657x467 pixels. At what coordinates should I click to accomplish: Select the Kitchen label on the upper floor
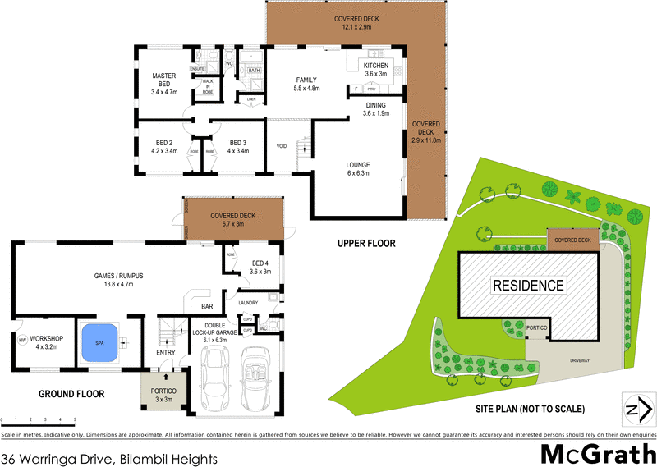click(376, 70)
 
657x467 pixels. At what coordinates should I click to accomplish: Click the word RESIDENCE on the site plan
click(528, 286)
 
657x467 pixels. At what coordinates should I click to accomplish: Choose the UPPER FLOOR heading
click(366, 244)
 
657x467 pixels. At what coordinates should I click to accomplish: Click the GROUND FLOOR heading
click(71, 394)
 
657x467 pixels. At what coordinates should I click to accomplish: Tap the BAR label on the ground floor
click(207, 306)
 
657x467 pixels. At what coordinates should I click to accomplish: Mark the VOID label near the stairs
click(281, 146)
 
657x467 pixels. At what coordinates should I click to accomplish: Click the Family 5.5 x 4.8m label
click(307, 84)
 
